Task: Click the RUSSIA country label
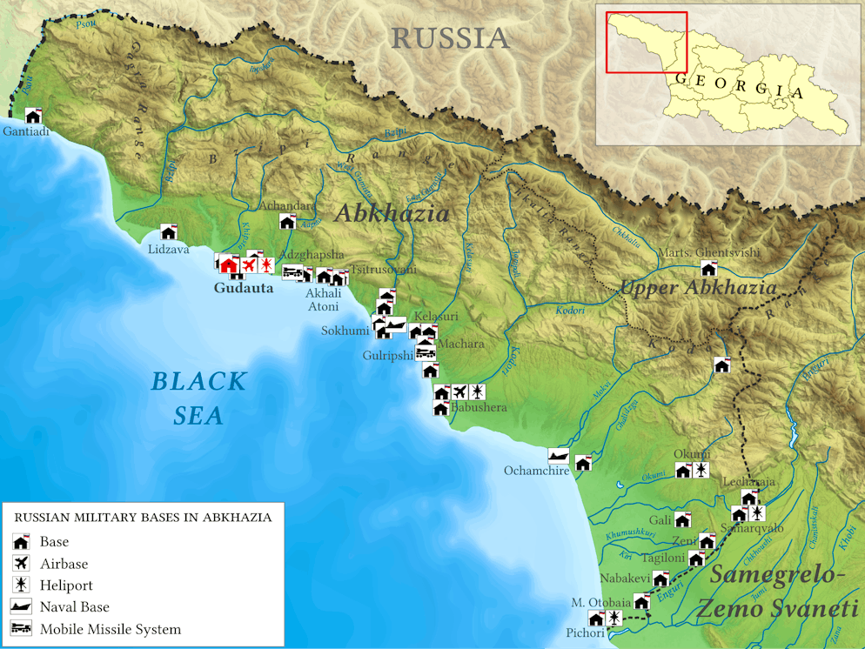pos(450,37)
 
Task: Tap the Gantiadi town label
pos(26,131)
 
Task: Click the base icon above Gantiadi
pos(33,116)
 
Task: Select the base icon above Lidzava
pos(169,232)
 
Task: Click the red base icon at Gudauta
pos(229,264)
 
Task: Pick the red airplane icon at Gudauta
pos(249,264)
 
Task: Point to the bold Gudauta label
pos(244,288)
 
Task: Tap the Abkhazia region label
pos(392,213)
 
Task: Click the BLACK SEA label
pos(198,398)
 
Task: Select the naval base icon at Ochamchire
pos(559,455)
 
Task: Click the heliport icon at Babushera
pos(477,392)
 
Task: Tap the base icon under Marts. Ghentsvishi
pos(708,269)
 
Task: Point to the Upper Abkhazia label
pos(698,288)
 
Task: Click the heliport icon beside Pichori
pos(614,619)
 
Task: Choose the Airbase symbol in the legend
pos(22,564)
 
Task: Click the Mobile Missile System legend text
pos(111,629)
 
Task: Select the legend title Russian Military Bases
pos(143,518)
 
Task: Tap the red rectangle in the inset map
pos(647,43)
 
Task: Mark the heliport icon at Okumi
pos(701,471)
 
